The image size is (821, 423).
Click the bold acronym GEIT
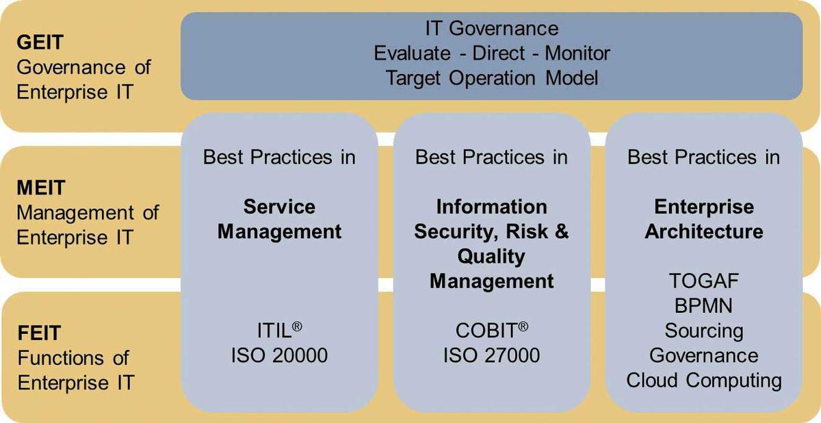coord(40,42)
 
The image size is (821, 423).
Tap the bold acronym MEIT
coord(41,188)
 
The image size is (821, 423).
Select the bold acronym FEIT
coord(39,333)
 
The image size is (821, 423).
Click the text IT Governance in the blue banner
coord(492,28)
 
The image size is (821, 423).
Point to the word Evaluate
coord(412,53)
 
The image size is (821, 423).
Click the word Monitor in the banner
coord(577,53)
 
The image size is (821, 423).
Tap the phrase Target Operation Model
coord(492,78)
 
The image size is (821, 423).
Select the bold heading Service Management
coord(279,219)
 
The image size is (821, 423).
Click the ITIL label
coord(274,331)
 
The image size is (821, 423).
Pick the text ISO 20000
coord(279,355)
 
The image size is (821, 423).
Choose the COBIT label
coord(486,331)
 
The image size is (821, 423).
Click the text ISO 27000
coord(491,355)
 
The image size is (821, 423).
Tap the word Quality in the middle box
coord(491,257)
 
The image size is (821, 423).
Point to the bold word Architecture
coord(704,231)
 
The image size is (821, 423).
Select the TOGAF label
coord(704,281)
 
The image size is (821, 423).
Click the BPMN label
coord(704,306)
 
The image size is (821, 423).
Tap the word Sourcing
coord(704,331)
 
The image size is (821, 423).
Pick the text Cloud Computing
coord(704,381)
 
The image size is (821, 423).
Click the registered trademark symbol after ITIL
coord(297,326)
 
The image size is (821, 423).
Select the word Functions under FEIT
coord(60,358)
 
